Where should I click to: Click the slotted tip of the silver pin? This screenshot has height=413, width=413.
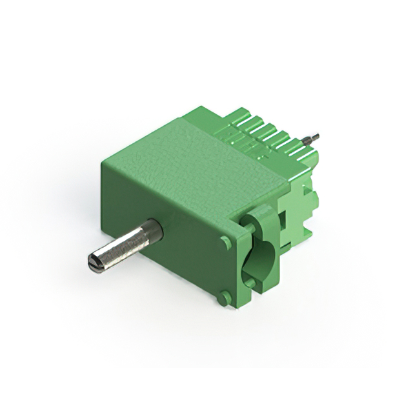click(x=93, y=263)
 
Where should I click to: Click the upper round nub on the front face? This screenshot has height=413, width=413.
click(x=225, y=242)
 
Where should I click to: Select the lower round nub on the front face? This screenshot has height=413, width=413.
click(x=224, y=298)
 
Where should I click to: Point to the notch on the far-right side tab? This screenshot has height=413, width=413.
click(x=315, y=201)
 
